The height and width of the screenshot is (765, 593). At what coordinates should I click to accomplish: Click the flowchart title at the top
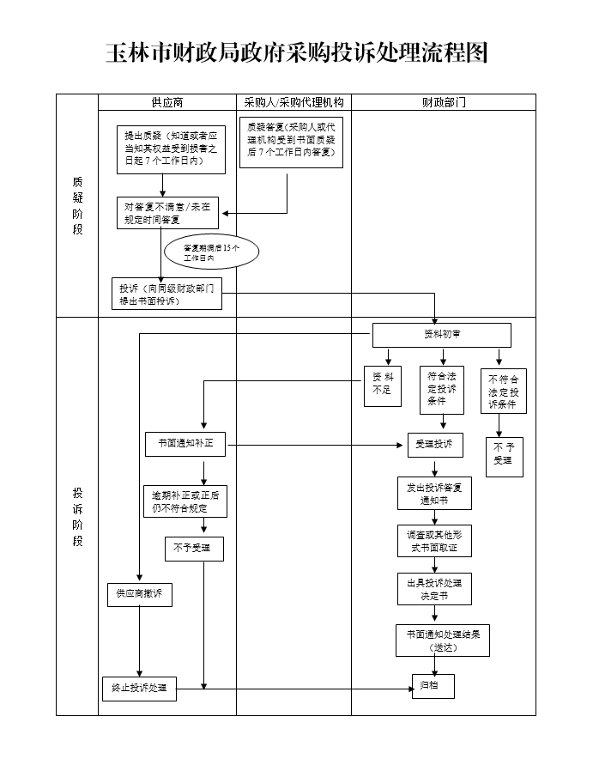click(x=296, y=52)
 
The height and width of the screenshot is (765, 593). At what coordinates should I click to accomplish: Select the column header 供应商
click(x=167, y=102)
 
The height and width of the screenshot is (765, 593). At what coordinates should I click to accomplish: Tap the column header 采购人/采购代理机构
click(x=293, y=102)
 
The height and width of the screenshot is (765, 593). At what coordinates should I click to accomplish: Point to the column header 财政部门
click(x=444, y=102)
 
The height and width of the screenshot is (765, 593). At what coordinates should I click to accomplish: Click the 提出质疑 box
click(x=172, y=149)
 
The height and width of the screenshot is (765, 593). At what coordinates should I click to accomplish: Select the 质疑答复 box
click(x=290, y=142)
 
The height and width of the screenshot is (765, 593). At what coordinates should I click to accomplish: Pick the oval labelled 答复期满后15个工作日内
click(x=210, y=252)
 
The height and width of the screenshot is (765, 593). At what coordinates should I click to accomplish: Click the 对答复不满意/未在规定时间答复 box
click(x=167, y=213)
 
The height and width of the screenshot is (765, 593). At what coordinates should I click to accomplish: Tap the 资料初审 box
click(x=441, y=335)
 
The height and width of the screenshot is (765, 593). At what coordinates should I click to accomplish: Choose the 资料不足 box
click(x=383, y=383)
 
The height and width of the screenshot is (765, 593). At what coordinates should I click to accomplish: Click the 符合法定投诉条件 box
click(x=442, y=389)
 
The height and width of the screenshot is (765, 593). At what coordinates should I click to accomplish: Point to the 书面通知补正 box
click(x=185, y=445)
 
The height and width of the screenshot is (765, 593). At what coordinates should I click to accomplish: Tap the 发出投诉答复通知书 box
click(x=434, y=494)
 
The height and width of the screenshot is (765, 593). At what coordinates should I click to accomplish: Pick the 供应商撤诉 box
click(x=139, y=594)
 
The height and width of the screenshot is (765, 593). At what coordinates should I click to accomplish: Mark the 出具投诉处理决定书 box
click(x=434, y=589)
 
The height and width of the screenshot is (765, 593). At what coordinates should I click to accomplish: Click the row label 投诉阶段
click(x=77, y=516)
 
